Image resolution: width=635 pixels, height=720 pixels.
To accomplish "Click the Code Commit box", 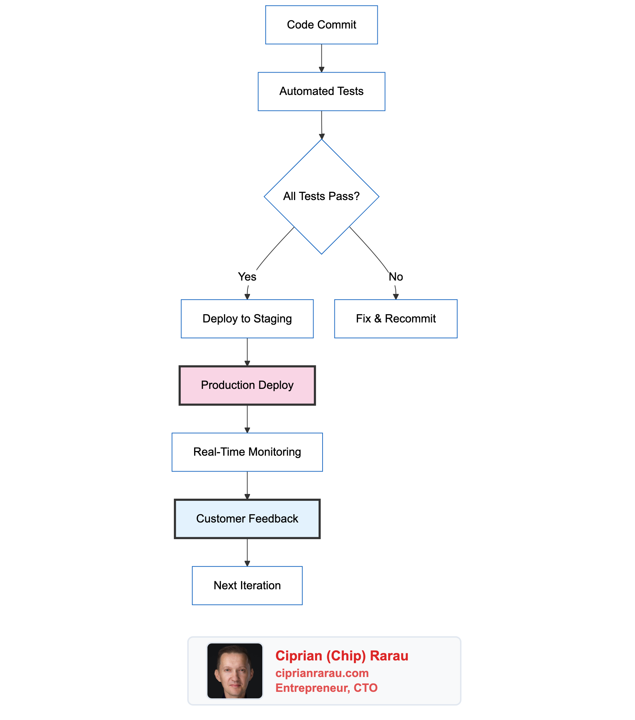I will tap(321, 25).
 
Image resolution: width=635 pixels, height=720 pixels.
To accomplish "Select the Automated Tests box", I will tap(321, 91).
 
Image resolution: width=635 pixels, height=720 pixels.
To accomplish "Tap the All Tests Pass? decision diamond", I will tap(321, 196).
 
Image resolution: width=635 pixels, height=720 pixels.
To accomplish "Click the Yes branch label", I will tap(247, 277).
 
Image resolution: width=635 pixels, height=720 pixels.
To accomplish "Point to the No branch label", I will tap(395, 277).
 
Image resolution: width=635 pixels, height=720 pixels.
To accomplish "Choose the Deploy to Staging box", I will tap(247, 318).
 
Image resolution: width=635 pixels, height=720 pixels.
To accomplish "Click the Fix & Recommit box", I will tap(395, 318).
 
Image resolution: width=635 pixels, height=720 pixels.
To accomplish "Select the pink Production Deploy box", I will tap(247, 385).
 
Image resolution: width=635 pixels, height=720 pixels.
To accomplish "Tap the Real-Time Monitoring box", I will tap(247, 452).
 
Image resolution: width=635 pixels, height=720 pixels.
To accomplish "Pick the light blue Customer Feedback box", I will tap(247, 519).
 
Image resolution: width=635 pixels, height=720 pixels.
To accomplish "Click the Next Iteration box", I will tap(247, 585).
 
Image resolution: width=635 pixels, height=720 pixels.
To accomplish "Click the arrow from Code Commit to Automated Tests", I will tap(321, 58).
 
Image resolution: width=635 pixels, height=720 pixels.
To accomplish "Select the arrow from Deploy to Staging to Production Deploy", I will tap(247, 352).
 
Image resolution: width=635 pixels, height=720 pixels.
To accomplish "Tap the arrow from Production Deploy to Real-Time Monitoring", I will tap(247, 418).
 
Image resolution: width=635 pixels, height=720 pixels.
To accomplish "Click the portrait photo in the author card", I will tap(235, 671).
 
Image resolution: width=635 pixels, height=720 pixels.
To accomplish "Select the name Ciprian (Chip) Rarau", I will tap(341, 656).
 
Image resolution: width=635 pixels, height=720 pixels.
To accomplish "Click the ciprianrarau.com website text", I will tap(322, 673).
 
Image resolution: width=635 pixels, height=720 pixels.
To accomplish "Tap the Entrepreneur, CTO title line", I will tap(326, 688).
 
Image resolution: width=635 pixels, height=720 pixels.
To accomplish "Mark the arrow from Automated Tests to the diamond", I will tap(321, 125).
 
